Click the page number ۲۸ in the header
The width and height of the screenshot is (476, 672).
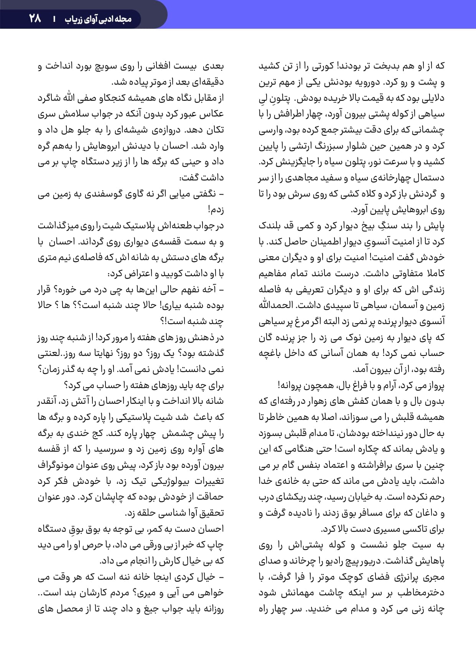click(x=35, y=18)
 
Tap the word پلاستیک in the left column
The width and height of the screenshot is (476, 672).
click(x=137, y=226)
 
